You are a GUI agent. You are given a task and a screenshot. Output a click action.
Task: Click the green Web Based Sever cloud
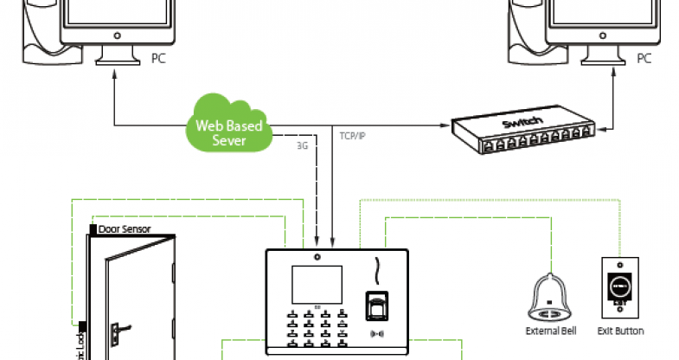[227, 128]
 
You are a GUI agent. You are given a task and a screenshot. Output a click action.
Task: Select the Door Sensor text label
[125, 230]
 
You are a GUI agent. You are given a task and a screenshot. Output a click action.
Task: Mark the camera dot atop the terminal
[317, 257]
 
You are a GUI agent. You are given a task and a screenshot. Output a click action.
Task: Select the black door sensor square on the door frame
[93, 230]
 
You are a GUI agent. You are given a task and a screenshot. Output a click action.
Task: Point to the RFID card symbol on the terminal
[375, 331]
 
